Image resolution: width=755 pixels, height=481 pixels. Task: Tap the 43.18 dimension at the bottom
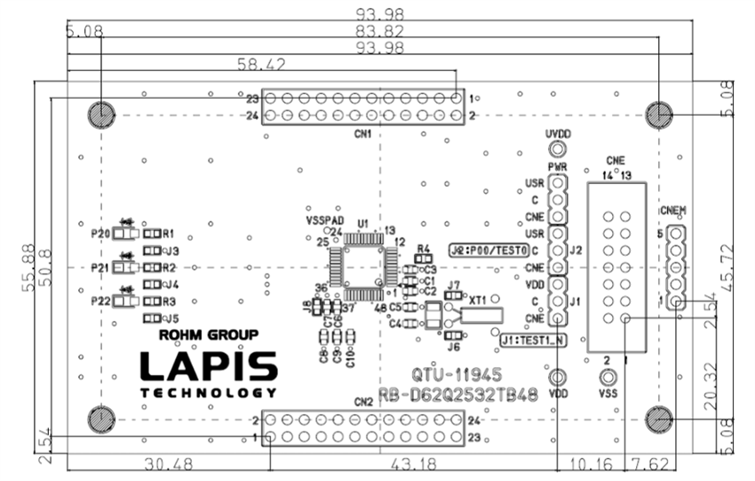411,463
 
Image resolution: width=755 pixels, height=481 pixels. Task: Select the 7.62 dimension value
650,463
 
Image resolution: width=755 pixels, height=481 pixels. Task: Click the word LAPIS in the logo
209,367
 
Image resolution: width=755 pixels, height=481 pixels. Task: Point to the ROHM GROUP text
208,336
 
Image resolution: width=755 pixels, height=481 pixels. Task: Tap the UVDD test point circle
557,150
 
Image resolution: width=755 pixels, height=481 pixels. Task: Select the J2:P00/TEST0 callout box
489,250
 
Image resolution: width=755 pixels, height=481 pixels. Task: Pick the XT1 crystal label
481,301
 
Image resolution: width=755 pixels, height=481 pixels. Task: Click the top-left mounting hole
100,114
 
